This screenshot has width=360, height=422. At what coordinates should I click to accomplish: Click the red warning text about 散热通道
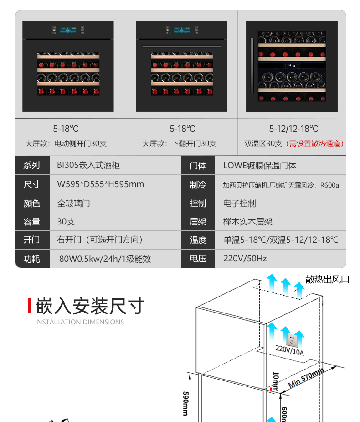(315, 143)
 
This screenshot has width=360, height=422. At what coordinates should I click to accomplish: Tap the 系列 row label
(32, 166)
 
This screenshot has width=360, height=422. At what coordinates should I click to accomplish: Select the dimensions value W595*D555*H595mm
(100, 184)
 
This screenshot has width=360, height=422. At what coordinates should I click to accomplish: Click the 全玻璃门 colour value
(73, 203)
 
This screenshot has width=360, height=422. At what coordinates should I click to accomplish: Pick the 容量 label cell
(32, 222)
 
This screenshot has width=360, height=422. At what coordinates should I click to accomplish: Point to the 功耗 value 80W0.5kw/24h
(105, 259)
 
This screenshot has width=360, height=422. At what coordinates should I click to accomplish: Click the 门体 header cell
(198, 166)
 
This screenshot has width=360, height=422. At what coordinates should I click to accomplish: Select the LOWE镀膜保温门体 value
(259, 166)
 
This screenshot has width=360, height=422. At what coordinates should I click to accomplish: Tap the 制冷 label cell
(198, 184)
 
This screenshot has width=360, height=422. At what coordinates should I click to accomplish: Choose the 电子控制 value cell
(239, 203)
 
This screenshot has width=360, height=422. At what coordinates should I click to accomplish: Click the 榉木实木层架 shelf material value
(247, 222)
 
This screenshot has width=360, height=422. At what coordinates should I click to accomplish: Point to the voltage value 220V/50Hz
(245, 259)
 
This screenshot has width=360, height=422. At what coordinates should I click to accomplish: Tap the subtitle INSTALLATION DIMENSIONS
(79, 322)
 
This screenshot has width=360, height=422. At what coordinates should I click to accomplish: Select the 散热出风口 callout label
(327, 279)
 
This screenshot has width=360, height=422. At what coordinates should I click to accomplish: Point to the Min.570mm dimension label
(306, 377)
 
